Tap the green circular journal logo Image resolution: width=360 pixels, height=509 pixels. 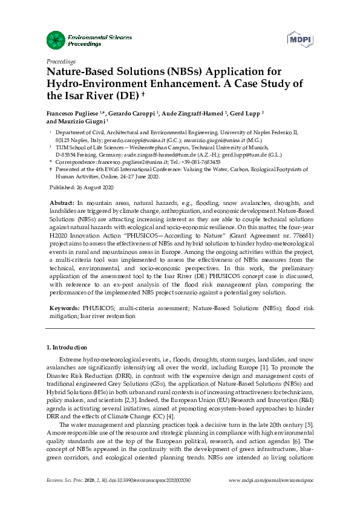tap(56, 41)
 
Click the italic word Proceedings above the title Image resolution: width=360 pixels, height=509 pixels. tap(61, 62)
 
